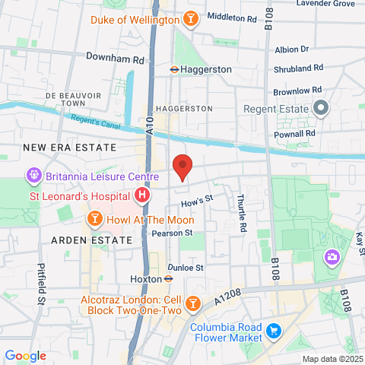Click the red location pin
pyautogui.click(x=182, y=167)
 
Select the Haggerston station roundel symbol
pyautogui.click(x=174, y=69)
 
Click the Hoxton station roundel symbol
pyautogui.click(x=167, y=278)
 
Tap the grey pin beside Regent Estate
pyautogui.click(x=321, y=109)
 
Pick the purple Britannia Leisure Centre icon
pyautogui.click(x=33, y=176)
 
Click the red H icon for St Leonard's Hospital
pyautogui.click(x=141, y=196)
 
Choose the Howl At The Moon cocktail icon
pyautogui.click(x=94, y=220)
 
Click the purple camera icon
pyautogui.click(x=332, y=258)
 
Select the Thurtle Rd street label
pyautogui.click(x=242, y=217)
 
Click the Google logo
pyautogui.click(x=25, y=355)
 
